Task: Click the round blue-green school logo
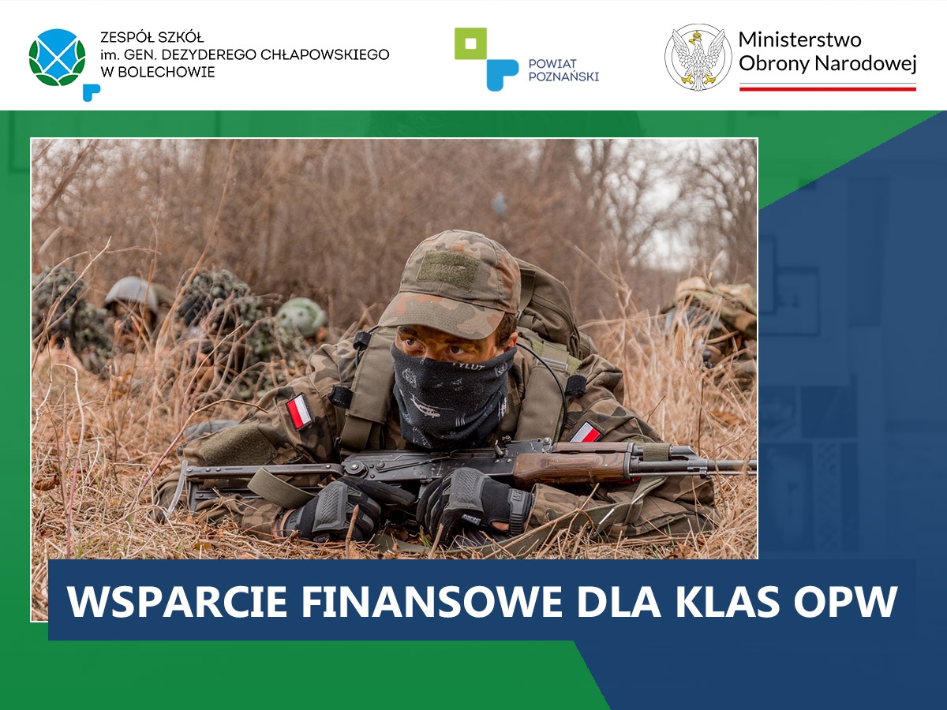click(x=57, y=58)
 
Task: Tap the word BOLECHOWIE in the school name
click(x=166, y=72)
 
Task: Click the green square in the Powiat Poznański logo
click(x=470, y=43)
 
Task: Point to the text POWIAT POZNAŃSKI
click(x=563, y=70)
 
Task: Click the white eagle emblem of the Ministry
click(x=698, y=58)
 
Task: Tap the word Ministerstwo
click(x=799, y=40)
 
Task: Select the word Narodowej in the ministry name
click(x=865, y=64)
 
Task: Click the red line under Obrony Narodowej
click(x=828, y=89)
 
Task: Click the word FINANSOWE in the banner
click(x=432, y=601)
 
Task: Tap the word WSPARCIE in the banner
click(x=177, y=601)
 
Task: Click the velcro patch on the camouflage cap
click(x=449, y=269)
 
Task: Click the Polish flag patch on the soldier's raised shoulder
click(x=299, y=410)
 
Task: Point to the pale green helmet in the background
click(x=301, y=317)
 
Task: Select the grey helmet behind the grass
click(x=131, y=291)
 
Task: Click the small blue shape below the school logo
click(x=92, y=92)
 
